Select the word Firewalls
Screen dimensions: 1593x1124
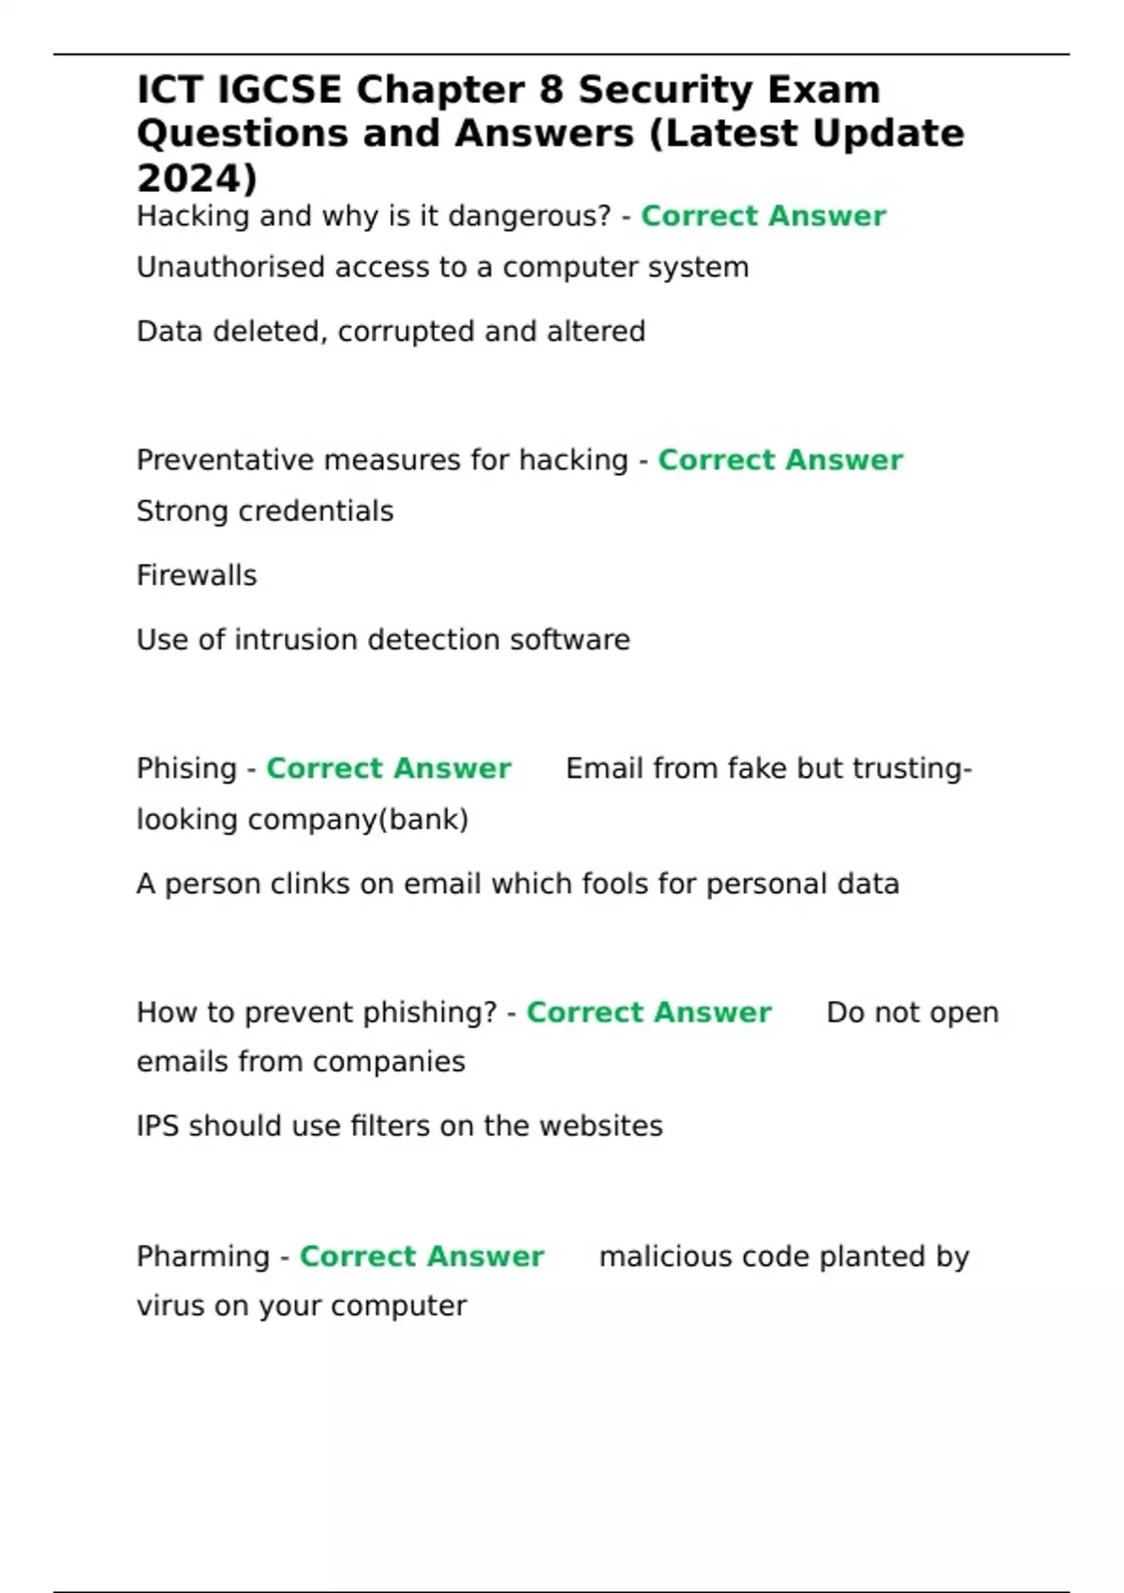197,575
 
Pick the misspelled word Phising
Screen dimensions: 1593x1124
186,768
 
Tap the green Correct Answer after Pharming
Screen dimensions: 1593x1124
421,1257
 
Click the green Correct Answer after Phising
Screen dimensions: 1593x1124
389,768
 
